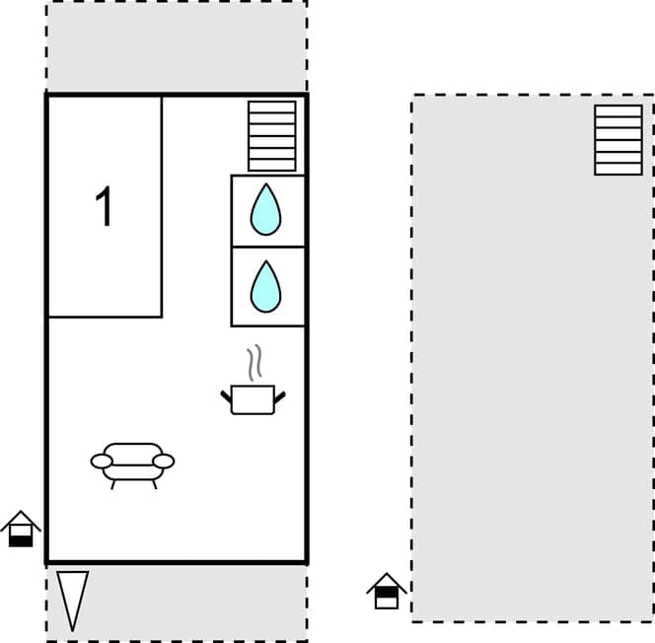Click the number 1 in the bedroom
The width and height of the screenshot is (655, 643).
tap(104, 207)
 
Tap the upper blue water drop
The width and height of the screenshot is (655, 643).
tap(265, 210)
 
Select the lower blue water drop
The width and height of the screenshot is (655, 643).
tap(265, 285)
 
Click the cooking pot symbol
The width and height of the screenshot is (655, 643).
tap(253, 398)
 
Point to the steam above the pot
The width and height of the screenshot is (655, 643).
tap(255, 363)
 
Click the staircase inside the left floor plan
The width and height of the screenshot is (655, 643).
tap(271, 136)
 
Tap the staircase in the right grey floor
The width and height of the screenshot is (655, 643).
tap(619, 140)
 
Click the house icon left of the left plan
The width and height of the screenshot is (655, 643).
tap(21, 530)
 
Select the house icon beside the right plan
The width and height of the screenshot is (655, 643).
tap(387, 591)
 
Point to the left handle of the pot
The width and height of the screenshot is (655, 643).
tap(226, 396)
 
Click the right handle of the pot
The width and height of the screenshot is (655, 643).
tap(280, 396)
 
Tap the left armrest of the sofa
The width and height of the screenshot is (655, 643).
tap(101, 461)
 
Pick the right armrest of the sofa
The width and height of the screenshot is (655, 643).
tap(164, 461)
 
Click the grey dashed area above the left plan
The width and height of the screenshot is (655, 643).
tap(176, 46)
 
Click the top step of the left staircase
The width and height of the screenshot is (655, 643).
tap(271, 107)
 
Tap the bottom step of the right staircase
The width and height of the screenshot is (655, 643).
tap(619, 169)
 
